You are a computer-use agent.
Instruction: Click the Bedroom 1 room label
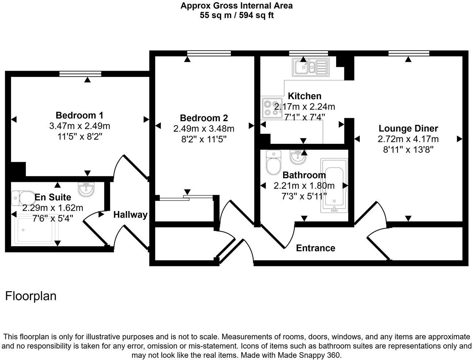(x=79, y=116)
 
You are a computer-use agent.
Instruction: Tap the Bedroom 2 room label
(x=204, y=118)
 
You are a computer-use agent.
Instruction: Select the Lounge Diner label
(x=408, y=128)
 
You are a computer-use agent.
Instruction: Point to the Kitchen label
(x=305, y=96)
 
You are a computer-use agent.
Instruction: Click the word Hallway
(x=130, y=215)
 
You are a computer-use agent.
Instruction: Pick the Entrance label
(x=315, y=248)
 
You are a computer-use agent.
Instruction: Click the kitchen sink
(x=311, y=67)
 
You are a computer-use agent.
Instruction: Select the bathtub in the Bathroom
(x=334, y=185)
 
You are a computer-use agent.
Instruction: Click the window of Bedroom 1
(x=80, y=74)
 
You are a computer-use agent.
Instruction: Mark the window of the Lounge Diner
(x=409, y=53)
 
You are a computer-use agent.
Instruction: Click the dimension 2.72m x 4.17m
(x=408, y=139)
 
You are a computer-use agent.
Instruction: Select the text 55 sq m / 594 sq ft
(x=237, y=15)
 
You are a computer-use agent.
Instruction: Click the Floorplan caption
(x=31, y=296)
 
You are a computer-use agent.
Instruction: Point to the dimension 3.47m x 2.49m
(x=79, y=126)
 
